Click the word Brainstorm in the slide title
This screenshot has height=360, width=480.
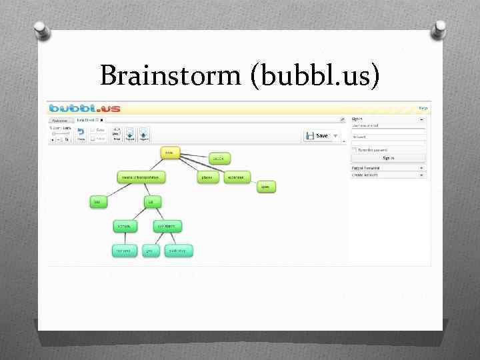pos(173,75)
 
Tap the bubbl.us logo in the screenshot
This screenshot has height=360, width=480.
pos(84,107)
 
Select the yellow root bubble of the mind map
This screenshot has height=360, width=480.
pos(170,153)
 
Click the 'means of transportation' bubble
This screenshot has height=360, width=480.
pos(141,177)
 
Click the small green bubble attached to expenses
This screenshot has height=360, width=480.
pos(266,187)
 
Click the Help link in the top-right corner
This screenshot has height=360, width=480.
pos(423,107)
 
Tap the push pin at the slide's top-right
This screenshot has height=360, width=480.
pos(439,28)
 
